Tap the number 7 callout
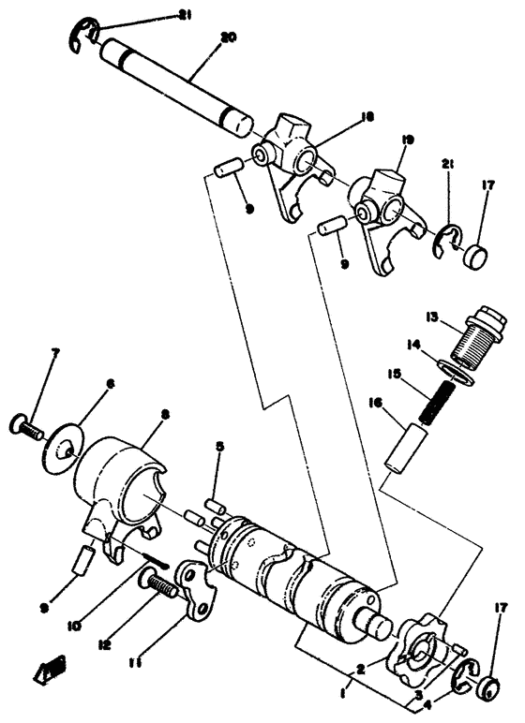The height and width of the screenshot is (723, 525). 55,354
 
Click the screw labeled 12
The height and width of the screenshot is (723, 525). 164,589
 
